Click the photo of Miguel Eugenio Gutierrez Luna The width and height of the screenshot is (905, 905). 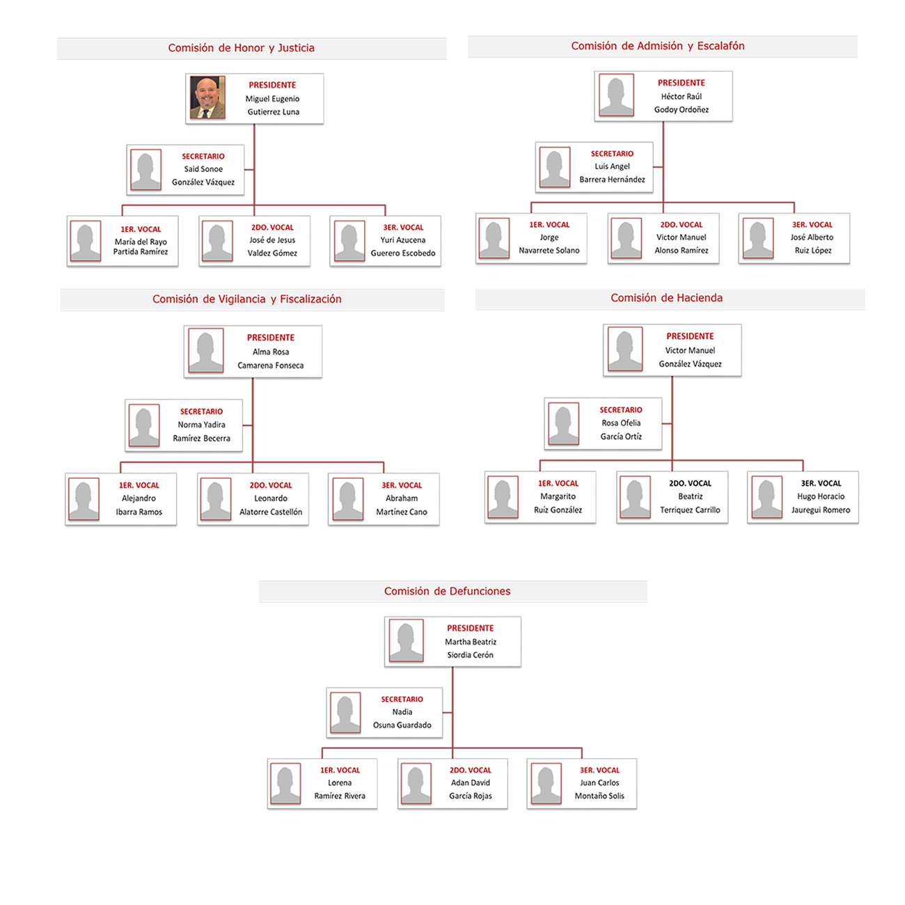[x=207, y=97]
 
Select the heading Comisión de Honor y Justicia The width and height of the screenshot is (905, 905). [x=241, y=48]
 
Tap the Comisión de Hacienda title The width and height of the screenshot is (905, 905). [x=666, y=298]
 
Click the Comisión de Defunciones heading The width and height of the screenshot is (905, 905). [x=447, y=591]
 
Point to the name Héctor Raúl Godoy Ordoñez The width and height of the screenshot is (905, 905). [x=681, y=103]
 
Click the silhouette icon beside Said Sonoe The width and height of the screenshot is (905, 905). [x=145, y=170]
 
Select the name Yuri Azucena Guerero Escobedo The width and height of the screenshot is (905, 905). [x=403, y=246]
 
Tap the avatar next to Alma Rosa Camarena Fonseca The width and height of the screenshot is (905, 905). [x=205, y=350]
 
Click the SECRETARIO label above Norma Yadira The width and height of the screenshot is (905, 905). [x=201, y=411]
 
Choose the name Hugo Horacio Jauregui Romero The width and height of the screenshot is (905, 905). [x=821, y=503]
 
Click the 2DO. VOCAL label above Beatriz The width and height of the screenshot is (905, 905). [x=690, y=483]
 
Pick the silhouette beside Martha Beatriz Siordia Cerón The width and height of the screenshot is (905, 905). [x=407, y=640]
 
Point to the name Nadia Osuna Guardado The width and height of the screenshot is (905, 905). [x=402, y=718]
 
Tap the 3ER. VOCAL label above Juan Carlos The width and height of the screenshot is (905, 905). [x=599, y=770]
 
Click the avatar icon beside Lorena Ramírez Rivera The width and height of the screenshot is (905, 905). [x=285, y=784]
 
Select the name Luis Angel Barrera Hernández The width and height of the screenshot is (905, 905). [x=612, y=173]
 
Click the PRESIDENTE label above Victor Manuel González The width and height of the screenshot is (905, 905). [x=690, y=336]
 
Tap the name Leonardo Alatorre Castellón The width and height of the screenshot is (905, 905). [x=271, y=505]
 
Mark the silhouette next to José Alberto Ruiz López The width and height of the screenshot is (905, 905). [x=758, y=238]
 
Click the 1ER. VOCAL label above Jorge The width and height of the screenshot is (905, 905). [x=549, y=225]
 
